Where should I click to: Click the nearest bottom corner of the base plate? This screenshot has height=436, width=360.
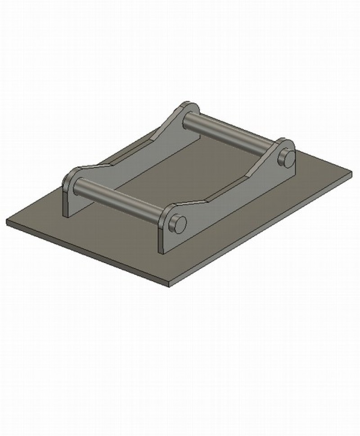pos(168,285)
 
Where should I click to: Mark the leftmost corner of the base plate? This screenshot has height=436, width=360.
pos(7,222)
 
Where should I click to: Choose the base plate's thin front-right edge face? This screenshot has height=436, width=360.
pos(261,227)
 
